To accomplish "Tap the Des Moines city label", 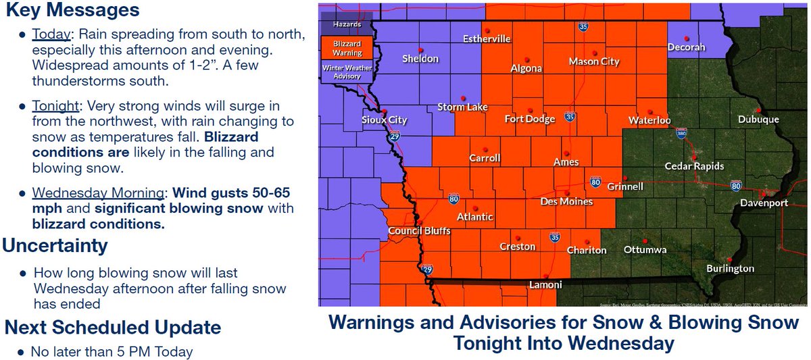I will (566, 201).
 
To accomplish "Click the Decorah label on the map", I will (686, 47).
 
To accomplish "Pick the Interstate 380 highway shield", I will (681, 135).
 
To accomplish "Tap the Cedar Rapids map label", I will (694, 166).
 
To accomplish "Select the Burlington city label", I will (730, 268).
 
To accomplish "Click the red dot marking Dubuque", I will (759, 110).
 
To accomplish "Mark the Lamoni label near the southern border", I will (544, 284).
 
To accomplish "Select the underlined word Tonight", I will (55, 107).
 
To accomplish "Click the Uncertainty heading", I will (55, 245).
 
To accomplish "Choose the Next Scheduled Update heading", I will (113, 328).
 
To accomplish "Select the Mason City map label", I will (593, 61).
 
